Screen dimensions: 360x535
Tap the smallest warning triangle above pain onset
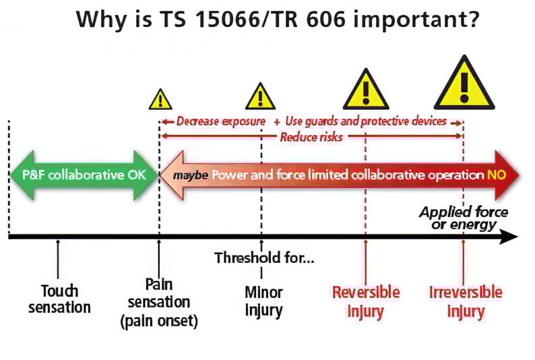click(x=160, y=100)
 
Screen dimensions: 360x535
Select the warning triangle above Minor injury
click(x=261, y=97)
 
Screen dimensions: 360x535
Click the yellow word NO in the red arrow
click(x=495, y=175)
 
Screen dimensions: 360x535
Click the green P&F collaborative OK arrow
click(x=82, y=175)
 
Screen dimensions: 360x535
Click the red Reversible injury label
click(x=366, y=301)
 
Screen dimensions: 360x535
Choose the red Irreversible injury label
click(x=466, y=301)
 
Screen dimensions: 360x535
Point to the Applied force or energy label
click(x=464, y=218)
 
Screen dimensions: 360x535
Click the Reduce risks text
click(x=311, y=137)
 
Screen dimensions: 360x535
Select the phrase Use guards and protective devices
click(x=366, y=122)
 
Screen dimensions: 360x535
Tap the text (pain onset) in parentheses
click(x=159, y=321)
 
